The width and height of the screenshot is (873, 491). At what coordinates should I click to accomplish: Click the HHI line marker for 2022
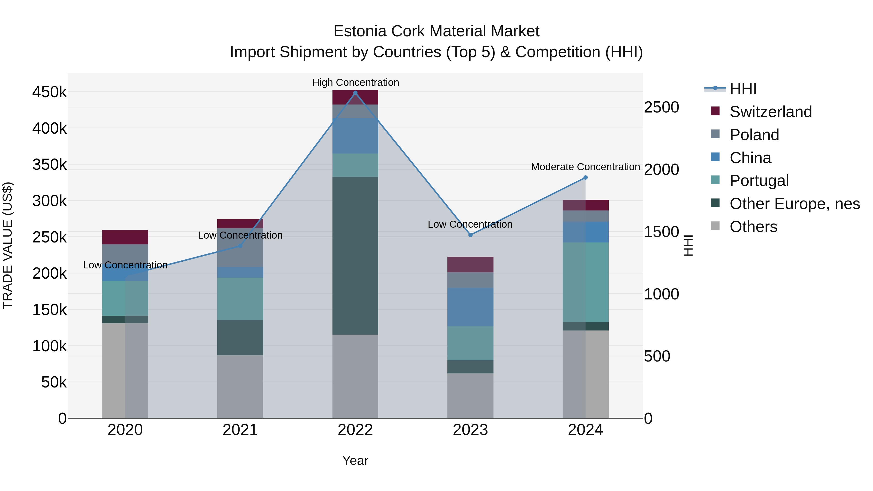click(355, 93)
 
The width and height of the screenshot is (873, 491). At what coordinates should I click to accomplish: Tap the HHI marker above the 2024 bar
click(585, 177)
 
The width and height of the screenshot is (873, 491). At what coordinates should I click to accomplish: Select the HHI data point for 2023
click(470, 235)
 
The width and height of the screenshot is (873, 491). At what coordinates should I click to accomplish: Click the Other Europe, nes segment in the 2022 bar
click(355, 256)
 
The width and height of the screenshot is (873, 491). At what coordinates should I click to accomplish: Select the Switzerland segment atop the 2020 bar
click(125, 237)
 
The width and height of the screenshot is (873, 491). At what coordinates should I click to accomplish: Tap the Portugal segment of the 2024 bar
click(585, 282)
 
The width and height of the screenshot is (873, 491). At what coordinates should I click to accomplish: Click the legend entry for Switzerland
click(770, 112)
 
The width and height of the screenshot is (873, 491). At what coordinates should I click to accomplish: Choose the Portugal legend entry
click(759, 181)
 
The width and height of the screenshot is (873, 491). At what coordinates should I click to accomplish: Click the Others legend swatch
click(715, 226)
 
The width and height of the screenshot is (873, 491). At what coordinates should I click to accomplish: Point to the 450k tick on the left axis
click(49, 92)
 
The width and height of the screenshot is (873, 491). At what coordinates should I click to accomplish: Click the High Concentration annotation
click(355, 82)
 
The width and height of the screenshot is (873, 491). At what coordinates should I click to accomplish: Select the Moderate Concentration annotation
click(585, 167)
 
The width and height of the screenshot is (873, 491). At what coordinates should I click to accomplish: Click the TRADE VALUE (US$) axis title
click(8, 245)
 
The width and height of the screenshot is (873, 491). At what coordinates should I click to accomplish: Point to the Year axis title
click(355, 460)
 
